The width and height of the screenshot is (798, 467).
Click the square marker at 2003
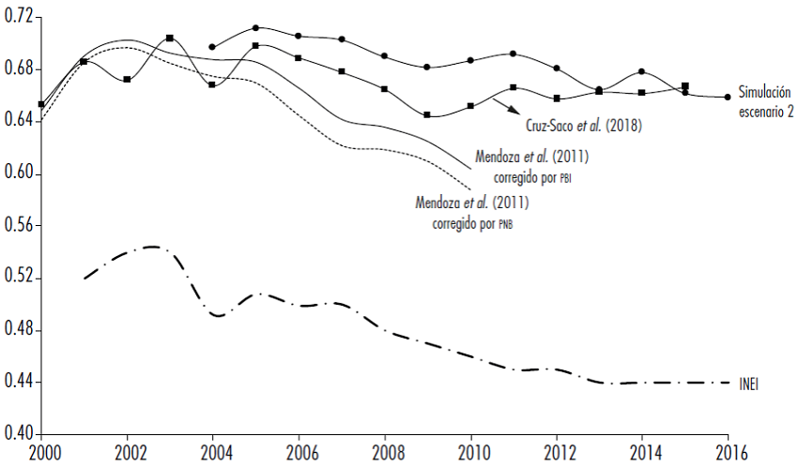click(x=169, y=38)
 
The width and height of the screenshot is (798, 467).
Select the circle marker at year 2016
click(x=728, y=97)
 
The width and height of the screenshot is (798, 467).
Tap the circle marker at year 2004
click(x=212, y=47)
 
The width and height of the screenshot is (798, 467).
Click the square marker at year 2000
click(x=41, y=104)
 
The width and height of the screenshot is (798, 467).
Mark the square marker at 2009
click(x=427, y=115)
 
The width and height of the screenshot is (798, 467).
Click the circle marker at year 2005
click(x=255, y=28)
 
